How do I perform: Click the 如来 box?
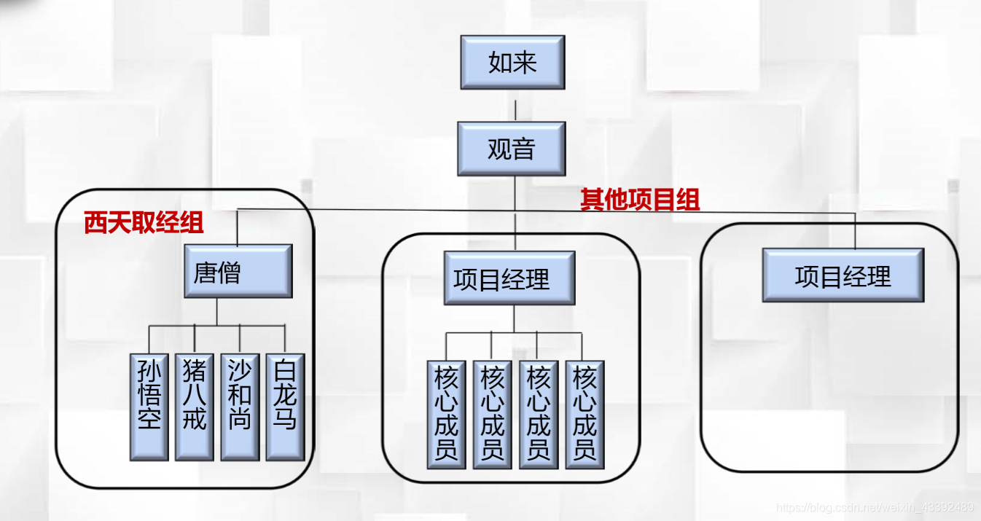(x=512, y=62)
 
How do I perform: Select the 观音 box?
(x=512, y=149)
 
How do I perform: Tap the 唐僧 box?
(x=238, y=271)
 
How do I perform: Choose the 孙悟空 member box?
(x=149, y=407)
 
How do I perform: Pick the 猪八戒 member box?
(x=194, y=407)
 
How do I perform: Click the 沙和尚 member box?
(x=240, y=407)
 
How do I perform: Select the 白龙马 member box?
(x=285, y=407)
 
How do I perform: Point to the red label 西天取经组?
(x=144, y=223)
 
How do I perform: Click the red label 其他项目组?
(x=640, y=200)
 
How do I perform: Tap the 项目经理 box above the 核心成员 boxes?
(x=509, y=278)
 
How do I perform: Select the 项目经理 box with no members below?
(x=843, y=275)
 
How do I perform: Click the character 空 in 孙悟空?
(x=149, y=419)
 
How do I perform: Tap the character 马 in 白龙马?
(x=285, y=419)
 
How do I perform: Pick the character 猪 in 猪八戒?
(x=194, y=372)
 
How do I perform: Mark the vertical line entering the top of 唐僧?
(x=238, y=228)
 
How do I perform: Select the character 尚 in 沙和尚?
(x=240, y=419)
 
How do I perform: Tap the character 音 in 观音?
(x=524, y=149)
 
